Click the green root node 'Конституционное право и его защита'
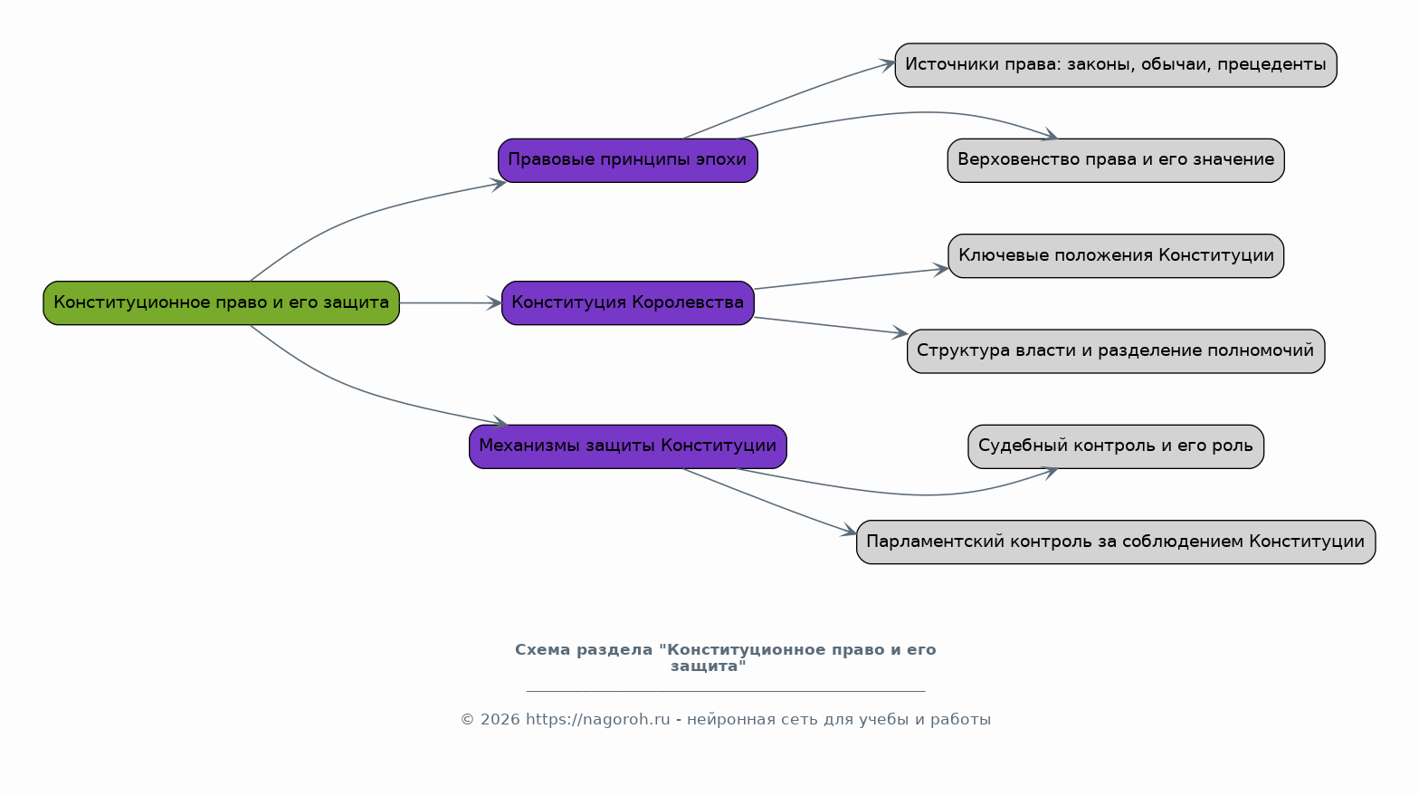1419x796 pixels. [221, 303]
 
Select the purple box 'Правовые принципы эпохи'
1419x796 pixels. [628, 160]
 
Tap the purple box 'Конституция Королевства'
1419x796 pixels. [628, 303]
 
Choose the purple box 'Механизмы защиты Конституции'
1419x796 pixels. [628, 446]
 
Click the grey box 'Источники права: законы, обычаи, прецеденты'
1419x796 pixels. [1116, 64]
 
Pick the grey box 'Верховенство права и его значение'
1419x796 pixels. [1116, 160]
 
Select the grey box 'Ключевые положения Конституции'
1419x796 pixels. [1116, 255]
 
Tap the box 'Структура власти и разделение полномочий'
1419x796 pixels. [1116, 351]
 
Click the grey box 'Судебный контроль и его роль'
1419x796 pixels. [1116, 446]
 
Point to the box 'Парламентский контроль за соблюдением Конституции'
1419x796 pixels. [1116, 542]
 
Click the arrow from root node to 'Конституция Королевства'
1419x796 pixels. [451, 303]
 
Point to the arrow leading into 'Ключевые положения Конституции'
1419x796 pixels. [851, 279]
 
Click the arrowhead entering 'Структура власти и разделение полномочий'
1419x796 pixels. [900, 332]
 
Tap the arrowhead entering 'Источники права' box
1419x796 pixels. [887, 64]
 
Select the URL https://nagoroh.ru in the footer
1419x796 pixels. [597, 720]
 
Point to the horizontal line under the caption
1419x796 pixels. [726, 690]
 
